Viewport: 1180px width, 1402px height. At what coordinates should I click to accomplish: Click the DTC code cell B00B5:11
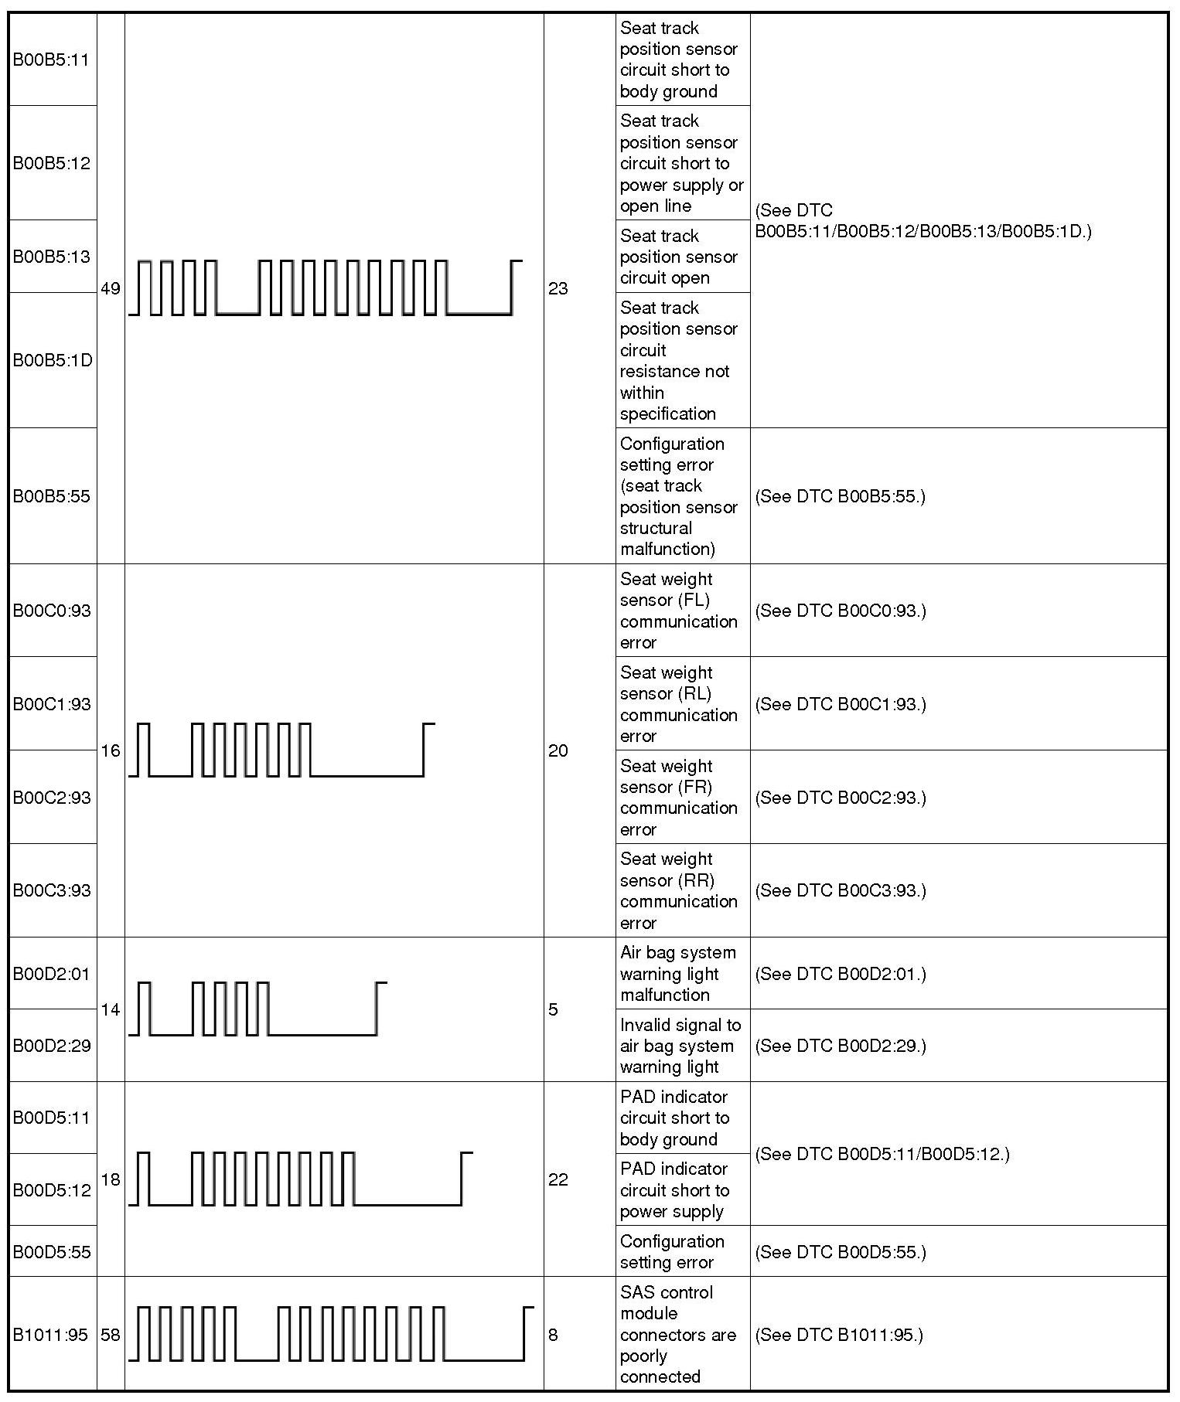pyautogui.click(x=51, y=60)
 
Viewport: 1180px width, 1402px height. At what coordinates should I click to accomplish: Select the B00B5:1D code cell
pyautogui.click(x=53, y=360)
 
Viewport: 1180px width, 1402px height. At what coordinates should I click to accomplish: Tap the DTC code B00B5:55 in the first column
pyautogui.click(x=51, y=496)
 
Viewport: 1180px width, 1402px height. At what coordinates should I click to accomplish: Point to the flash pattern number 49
pyautogui.click(x=111, y=289)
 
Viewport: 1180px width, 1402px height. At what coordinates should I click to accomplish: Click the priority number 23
pyautogui.click(x=558, y=289)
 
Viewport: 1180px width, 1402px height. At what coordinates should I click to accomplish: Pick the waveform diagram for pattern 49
pyautogui.click(x=326, y=288)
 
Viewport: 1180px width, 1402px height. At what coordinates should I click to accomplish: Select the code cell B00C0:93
pyautogui.click(x=51, y=611)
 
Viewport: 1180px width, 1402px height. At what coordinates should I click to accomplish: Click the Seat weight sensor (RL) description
pyautogui.click(x=678, y=704)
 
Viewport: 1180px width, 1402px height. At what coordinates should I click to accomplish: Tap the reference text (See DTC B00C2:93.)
pyautogui.click(x=840, y=798)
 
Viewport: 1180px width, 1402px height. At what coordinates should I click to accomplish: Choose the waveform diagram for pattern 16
pyautogui.click(x=281, y=750)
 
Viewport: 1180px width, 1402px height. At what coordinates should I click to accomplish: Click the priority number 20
pyautogui.click(x=558, y=750)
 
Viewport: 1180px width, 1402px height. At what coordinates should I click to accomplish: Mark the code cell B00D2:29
pyautogui.click(x=51, y=1046)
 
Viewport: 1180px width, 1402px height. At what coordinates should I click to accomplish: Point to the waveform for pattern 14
pyautogui.click(x=257, y=1009)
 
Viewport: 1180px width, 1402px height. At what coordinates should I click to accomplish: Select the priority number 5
pyautogui.click(x=553, y=1009)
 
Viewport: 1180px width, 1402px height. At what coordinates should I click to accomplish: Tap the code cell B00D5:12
pyautogui.click(x=51, y=1190)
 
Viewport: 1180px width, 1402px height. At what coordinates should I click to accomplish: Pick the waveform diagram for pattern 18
pyautogui.click(x=300, y=1179)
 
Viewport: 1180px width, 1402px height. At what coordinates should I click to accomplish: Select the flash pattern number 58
pyautogui.click(x=111, y=1335)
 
